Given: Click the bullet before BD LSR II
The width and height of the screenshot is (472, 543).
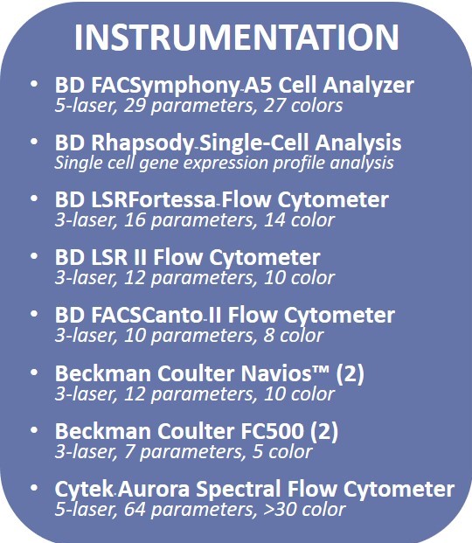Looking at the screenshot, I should tap(34, 257).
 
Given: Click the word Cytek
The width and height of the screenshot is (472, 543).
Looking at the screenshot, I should tap(82, 489).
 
